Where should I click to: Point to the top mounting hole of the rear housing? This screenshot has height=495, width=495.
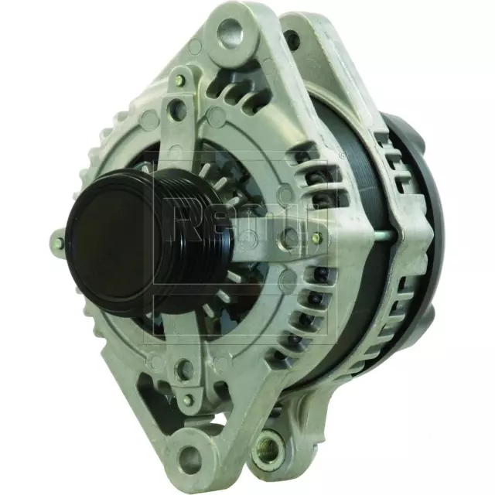[x=292, y=39]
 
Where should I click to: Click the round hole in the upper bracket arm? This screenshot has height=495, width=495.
[x=179, y=111]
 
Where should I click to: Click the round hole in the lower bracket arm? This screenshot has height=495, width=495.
[x=180, y=370]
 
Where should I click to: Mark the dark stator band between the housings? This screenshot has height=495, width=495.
[x=364, y=309]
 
